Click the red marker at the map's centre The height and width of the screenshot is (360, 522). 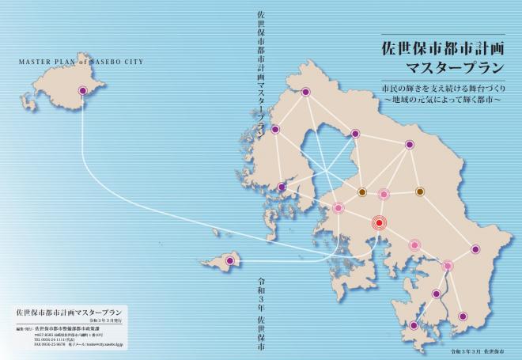coord(379,223)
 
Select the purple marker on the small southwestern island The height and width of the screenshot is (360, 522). coord(230,260)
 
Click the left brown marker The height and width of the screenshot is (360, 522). coord(362,191)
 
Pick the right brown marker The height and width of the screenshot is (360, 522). coord(420,191)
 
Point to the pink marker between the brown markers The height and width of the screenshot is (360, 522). coord(384,193)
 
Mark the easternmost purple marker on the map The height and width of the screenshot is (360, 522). coord(475,249)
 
